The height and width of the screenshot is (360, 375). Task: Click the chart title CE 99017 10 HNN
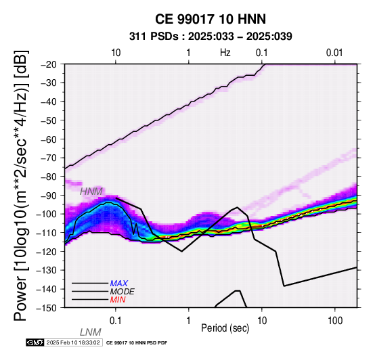click(211, 19)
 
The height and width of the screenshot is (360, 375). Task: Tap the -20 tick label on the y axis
click(49, 64)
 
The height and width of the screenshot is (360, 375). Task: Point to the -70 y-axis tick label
click(49, 158)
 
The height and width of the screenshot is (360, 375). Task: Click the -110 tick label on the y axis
click(47, 233)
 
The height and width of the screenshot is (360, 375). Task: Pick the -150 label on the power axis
click(47, 308)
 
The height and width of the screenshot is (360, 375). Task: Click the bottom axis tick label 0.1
click(116, 321)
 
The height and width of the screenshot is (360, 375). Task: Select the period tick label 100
click(335, 321)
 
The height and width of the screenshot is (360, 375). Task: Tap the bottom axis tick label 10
click(262, 321)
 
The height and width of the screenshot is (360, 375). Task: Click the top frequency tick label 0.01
click(334, 53)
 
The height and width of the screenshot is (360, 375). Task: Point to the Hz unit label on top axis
click(225, 53)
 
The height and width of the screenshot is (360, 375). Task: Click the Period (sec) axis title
click(225, 328)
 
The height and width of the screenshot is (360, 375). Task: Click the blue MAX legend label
click(119, 284)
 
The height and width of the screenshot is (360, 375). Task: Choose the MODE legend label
click(123, 292)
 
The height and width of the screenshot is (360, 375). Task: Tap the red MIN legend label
click(118, 300)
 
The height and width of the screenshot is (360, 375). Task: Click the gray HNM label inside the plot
click(91, 192)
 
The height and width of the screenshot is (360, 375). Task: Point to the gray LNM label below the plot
click(91, 332)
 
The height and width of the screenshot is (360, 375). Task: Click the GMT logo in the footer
click(35, 342)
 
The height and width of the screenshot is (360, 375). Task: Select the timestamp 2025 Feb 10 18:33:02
click(73, 342)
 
